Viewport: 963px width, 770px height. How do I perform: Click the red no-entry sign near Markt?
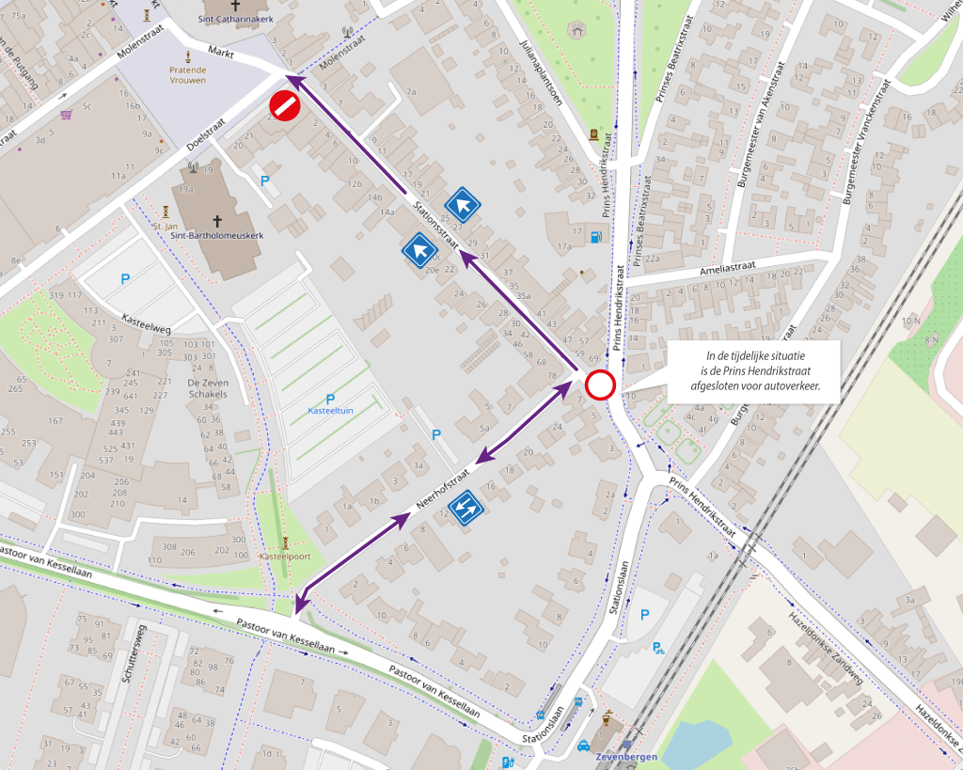click(285, 106)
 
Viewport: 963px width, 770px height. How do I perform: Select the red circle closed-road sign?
click(600, 385)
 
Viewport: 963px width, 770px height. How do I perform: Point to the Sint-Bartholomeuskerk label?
click(217, 236)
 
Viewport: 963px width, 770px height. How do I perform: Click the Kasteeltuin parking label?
click(330, 411)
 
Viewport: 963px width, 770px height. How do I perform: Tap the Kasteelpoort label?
click(286, 557)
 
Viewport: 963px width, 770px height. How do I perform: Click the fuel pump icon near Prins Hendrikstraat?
click(595, 236)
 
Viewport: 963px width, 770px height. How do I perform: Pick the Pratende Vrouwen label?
click(188, 75)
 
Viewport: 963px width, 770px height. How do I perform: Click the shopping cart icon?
click(66, 116)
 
